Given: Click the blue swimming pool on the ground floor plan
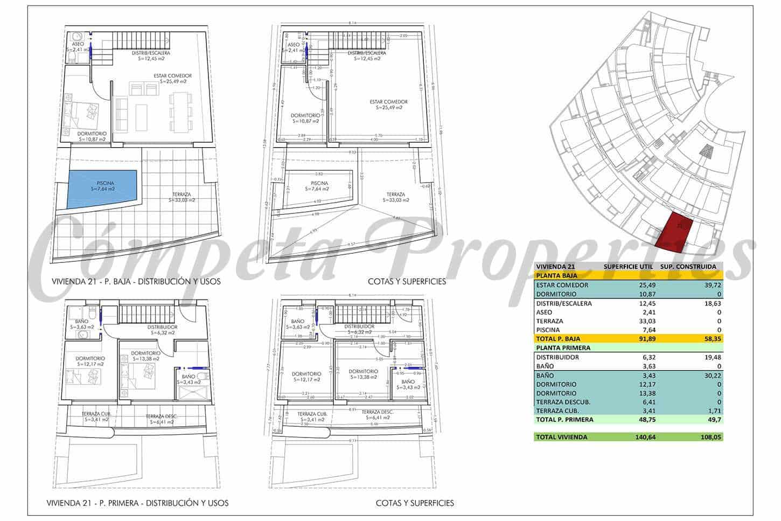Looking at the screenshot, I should (101, 188).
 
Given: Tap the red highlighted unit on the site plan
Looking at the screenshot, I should (677, 231).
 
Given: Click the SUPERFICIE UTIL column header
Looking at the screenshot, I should (628, 266).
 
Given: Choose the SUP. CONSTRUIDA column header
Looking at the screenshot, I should (688, 266).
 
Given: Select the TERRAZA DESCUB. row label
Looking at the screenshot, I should (563, 402).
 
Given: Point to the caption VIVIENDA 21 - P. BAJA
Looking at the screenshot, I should (136, 281).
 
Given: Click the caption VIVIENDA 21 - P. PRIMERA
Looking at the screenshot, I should (137, 503).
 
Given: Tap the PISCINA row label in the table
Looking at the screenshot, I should (548, 330).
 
